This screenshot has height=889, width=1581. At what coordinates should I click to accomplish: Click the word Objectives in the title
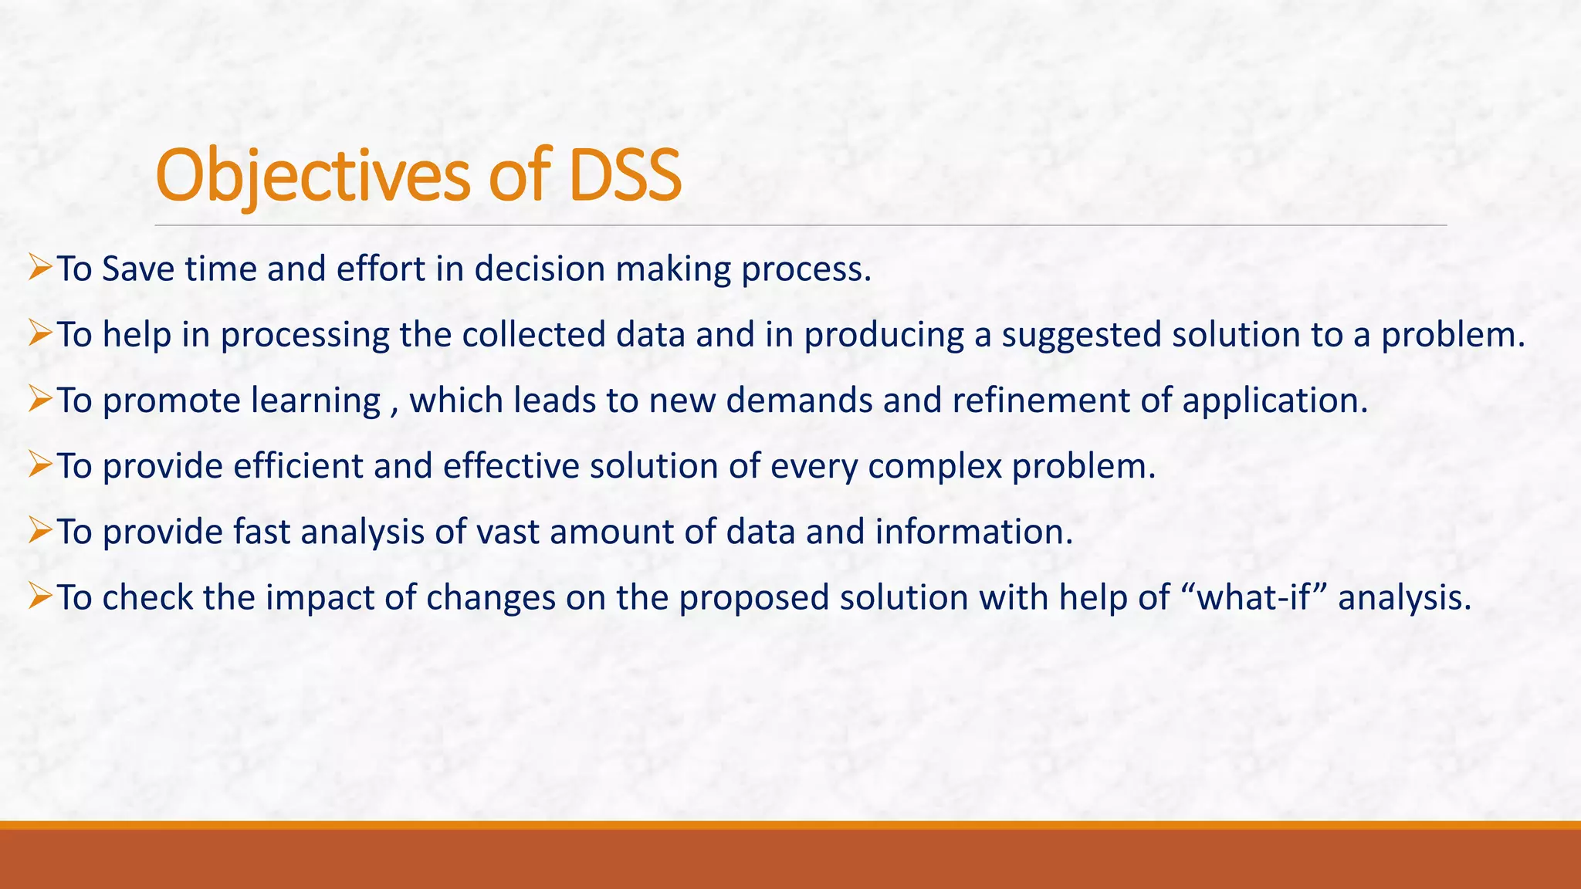[x=313, y=176]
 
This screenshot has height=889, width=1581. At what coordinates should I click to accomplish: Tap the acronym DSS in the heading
[x=625, y=176]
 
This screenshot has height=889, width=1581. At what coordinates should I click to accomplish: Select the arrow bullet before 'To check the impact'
[x=39, y=597]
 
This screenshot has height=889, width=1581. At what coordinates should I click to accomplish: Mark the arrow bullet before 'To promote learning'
[x=39, y=400]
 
